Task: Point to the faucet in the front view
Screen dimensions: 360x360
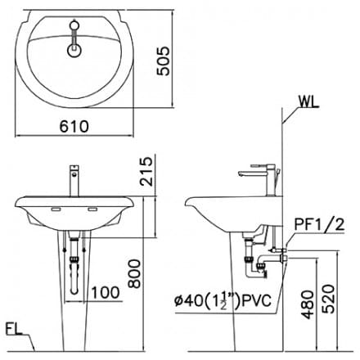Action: click(x=74, y=180)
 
